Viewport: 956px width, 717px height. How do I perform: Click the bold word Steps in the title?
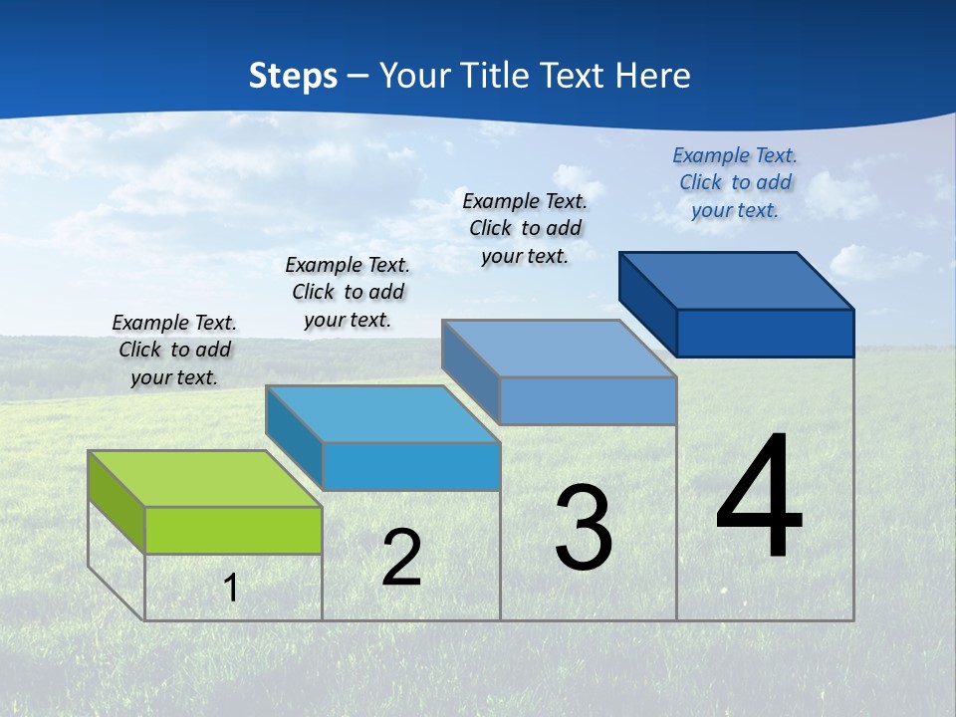(x=293, y=76)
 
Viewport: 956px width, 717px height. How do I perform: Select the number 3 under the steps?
(x=584, y=528)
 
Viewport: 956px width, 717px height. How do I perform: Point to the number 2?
(x=401, y=558)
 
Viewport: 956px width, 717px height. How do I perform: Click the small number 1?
(x=231, y=588)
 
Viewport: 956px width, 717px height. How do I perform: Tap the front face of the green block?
(x=233, y=530)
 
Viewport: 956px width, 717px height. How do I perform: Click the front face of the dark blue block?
(x=765, y=333)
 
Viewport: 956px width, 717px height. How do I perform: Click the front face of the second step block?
(x=410, y=466)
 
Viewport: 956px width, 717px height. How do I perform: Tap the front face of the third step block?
(x=588, y=400)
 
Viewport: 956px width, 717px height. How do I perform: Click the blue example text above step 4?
(x=735, y=182)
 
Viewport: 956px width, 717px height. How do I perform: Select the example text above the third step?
(x=525, y=228)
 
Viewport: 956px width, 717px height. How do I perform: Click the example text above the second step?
(x=348, y=292)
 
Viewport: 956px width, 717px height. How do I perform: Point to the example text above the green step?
(x=174, y=350)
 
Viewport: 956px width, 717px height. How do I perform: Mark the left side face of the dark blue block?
(x=648, y=304)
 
